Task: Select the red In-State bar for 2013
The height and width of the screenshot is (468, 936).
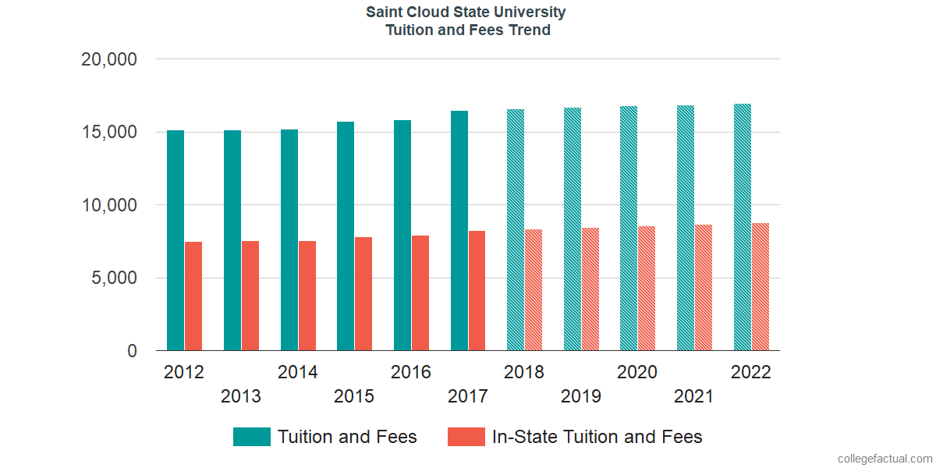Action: (x=250, y=296)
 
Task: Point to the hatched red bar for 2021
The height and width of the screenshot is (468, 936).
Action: (x=704, y=288)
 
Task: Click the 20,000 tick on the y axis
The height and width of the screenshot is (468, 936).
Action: (x=109, y=59)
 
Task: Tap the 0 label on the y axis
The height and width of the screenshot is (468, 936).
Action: (x=133, y=352)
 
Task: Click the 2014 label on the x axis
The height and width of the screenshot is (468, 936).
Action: (x=297, y=373)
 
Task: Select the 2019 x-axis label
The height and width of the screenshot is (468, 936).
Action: (x=581, y=397)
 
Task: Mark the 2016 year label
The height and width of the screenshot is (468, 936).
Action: (x=411, y=373)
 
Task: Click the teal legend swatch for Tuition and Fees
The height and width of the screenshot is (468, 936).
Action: (x=252, y=437)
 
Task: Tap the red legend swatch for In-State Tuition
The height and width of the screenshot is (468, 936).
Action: (x=466, y=437)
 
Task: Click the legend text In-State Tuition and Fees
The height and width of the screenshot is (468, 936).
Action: (x=597, y=437)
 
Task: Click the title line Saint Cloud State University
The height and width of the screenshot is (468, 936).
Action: (x=467, y=12)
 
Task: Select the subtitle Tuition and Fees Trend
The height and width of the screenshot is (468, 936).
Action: (x=467, y=30)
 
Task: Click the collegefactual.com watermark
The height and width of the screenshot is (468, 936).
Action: (x=884, y=458)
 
